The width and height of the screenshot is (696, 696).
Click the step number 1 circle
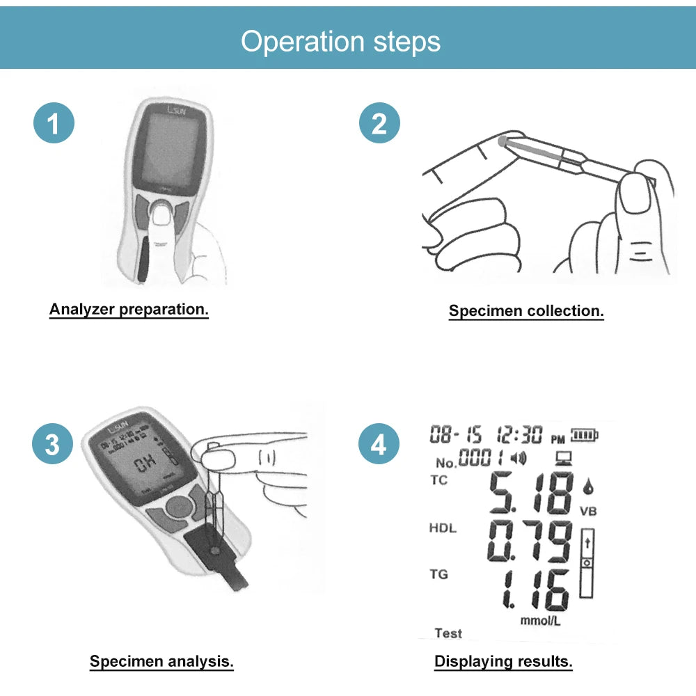pyautogui.click(x=54, y=125)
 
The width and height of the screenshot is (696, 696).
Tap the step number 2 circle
pyautogui.click(x=379, y=125)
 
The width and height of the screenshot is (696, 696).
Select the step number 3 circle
pyautogui.click(x=54, y=444)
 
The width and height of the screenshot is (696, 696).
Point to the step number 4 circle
pyautogui.click(x=379, y=444)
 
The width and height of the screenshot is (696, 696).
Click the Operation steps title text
pyautogui.click(x=340, y=41)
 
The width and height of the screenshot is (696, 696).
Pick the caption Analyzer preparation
pyautogui.click(x=129, y=310)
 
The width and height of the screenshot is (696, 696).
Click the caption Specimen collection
pyautogui.click(x=526, y=311)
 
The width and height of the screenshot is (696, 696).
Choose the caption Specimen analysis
pyautogui.click(x=161, y=661)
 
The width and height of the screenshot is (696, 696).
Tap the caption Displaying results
pyautogui.click(x=503, y=661)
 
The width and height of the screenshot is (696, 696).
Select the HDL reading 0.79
pyautogui.click(x=530, y=541)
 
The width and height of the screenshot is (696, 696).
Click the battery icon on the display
pyautogui.click(x=585, y=436)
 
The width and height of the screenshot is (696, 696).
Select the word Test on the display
pyautogui.click(x=448, y=633)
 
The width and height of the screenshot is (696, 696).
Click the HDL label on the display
pyautogui.click(x=443, y=528)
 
